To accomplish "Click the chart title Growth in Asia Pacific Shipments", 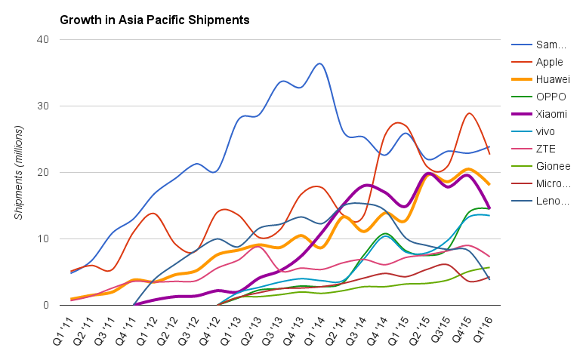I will (x=154, y=17).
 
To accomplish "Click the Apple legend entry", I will (x=550, y=62).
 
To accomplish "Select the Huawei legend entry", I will (x=553, y=79).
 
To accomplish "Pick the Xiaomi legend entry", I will (x=552, y=114).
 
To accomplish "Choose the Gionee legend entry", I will (x=553, y=166).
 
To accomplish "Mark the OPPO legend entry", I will (x=551, y=97).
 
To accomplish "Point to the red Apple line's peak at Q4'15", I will (x=469, y=113).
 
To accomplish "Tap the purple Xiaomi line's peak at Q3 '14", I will (x=367, y=185).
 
